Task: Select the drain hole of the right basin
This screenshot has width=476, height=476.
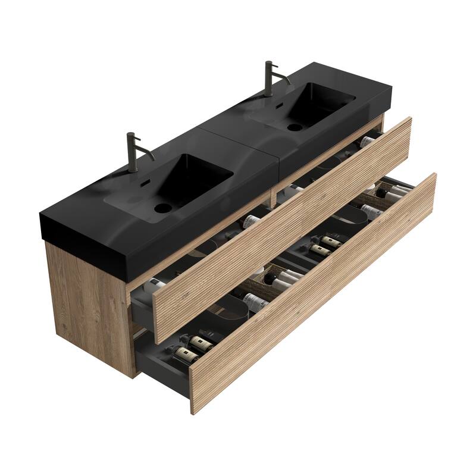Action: tap(293, 126)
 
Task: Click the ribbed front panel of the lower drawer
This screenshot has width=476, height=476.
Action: tap(315, 292)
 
